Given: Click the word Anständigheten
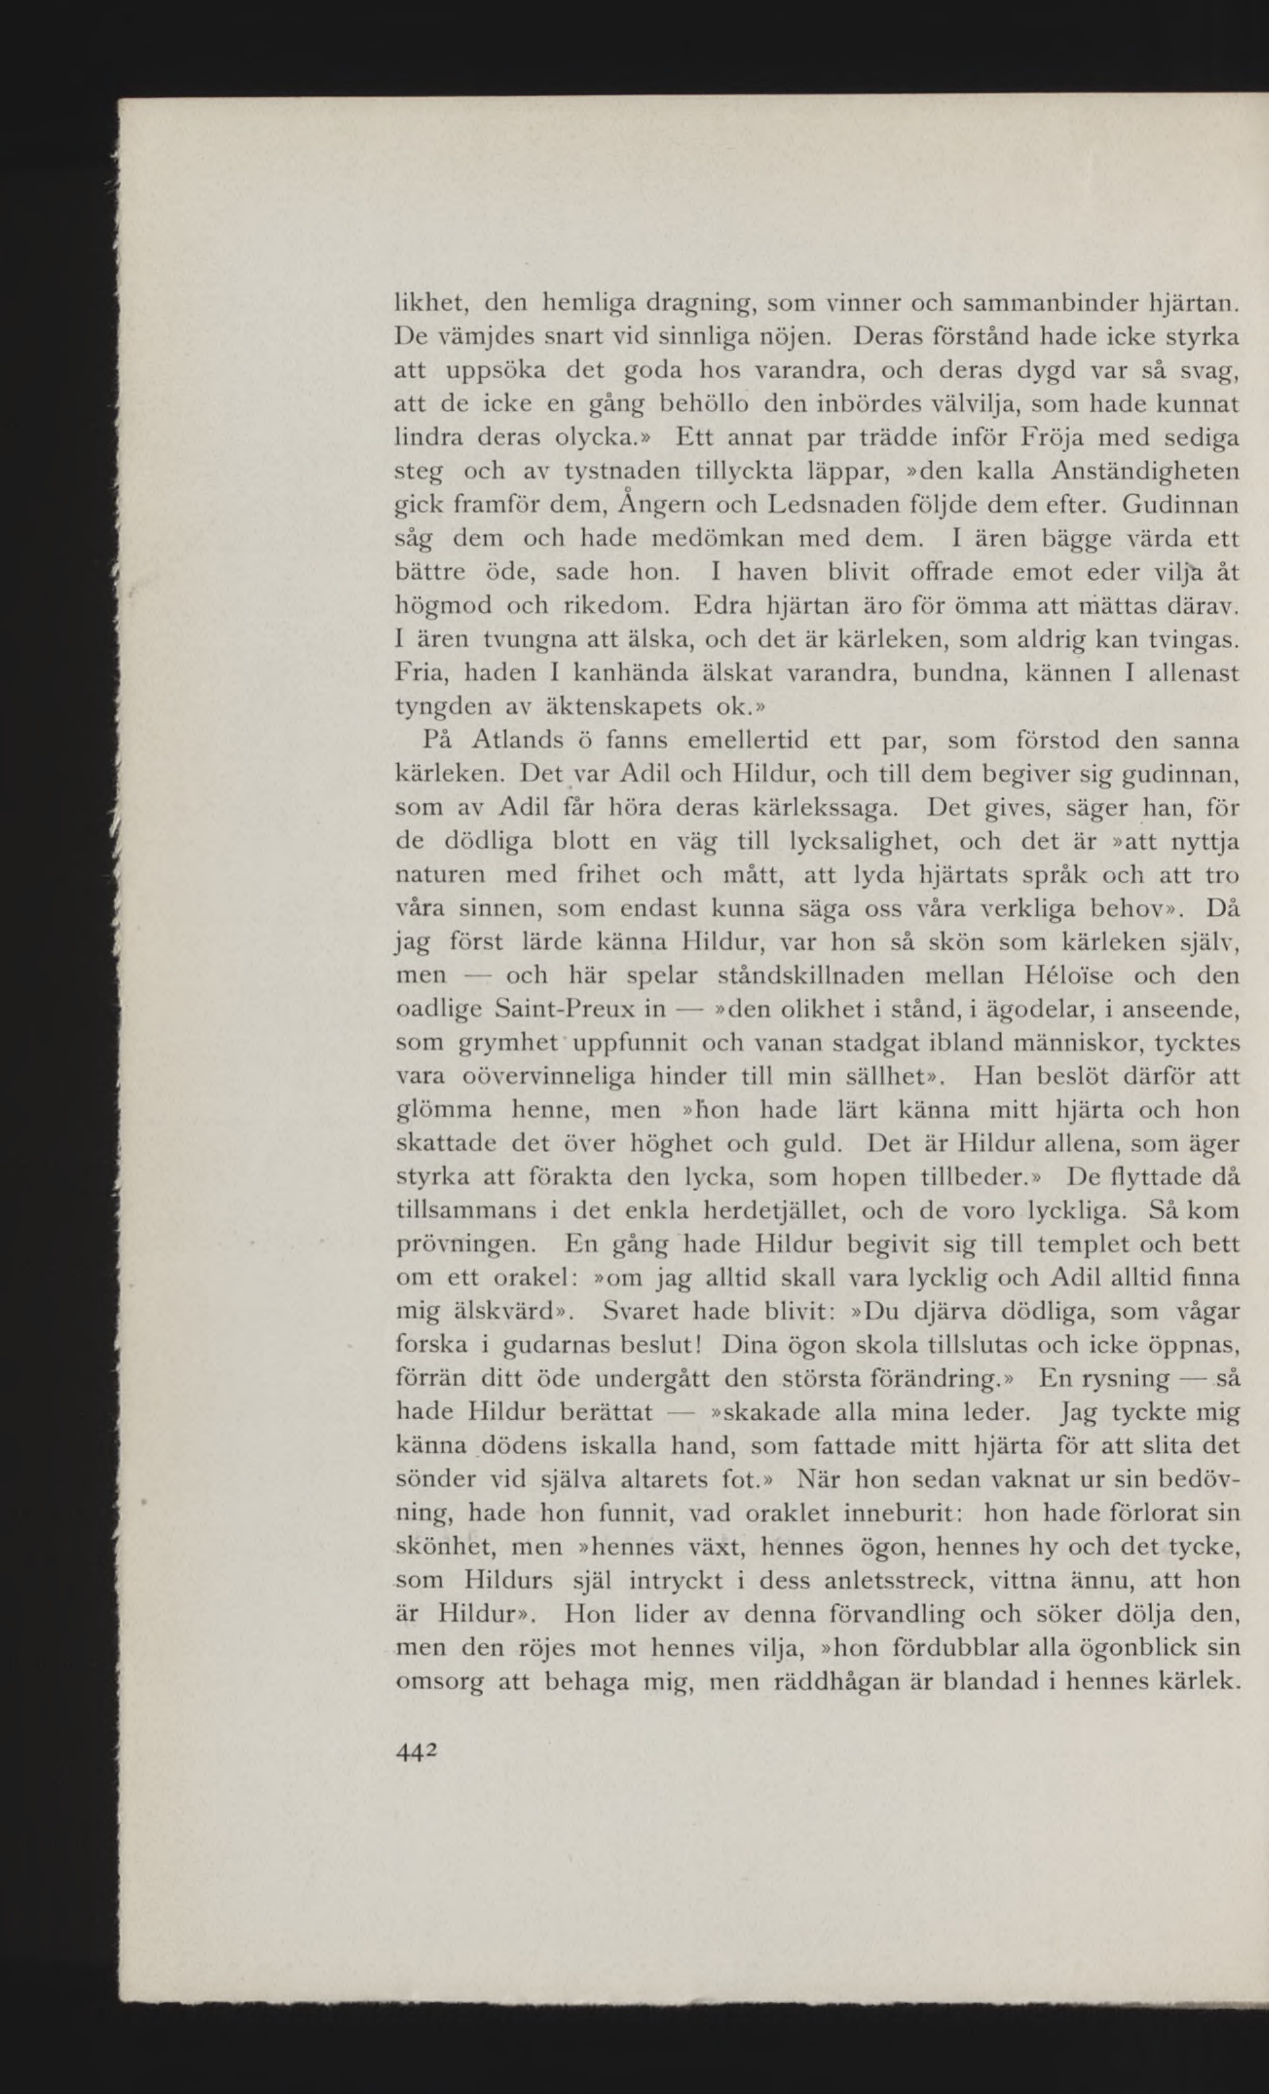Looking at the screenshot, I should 1144,472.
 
